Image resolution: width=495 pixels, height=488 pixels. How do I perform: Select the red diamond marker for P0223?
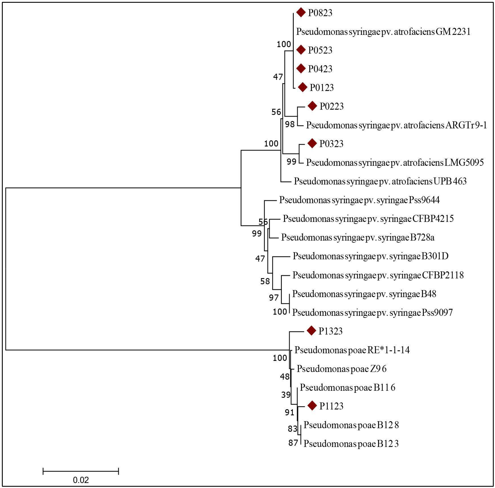(x=312, y=106)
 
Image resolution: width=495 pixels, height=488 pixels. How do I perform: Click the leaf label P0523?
(x=320, y=50)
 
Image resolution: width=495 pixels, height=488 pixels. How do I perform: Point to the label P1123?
(x=331, y=406)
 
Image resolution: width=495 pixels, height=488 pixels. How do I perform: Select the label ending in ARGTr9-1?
(x=396, y=125)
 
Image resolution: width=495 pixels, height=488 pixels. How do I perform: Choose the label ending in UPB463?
(x=380, y=181)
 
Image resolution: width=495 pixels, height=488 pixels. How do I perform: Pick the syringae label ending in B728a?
(x=358, y=237)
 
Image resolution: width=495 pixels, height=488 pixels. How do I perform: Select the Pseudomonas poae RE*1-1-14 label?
(x=352, y=350)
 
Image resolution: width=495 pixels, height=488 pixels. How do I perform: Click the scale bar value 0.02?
(x=81, y=480)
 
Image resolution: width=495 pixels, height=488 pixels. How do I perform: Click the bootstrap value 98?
(x=290, y=124)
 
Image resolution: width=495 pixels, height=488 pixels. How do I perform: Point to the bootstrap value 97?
(x=274, y=298)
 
